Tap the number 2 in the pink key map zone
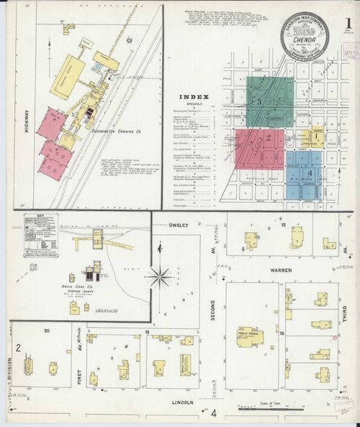pos(269,138)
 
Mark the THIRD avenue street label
pos(345,318)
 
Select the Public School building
pos(249,338)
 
